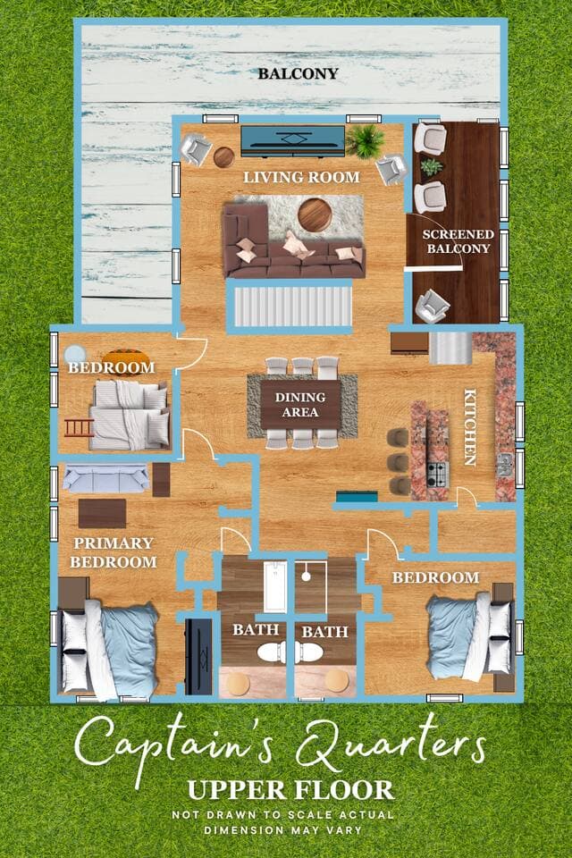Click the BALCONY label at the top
click(x=298, y=73)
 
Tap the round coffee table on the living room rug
click(x=315, y=214)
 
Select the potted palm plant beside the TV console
click(x=364, y=140)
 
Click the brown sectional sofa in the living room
click(x=292, y=241)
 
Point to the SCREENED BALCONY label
click(x=458, y=241)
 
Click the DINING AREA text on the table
click(x=300, y=404)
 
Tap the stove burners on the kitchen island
click(x=437, y=475)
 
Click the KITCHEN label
click(x=469, y=427)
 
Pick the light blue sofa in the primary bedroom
click(x=106, y=477)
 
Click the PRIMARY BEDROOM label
click(x=114, y=552)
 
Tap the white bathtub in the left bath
click(x=274, y=586)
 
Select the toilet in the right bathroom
click(x=310, y=652)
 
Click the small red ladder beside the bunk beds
click(x=80, y=427)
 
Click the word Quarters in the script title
click(x=391, y=745)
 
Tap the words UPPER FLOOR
click(x=290, y=790)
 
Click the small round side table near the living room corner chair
click(x=223, y=157)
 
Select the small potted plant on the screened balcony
click(x=432, y=167)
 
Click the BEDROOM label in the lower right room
click(x=435, y=577)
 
